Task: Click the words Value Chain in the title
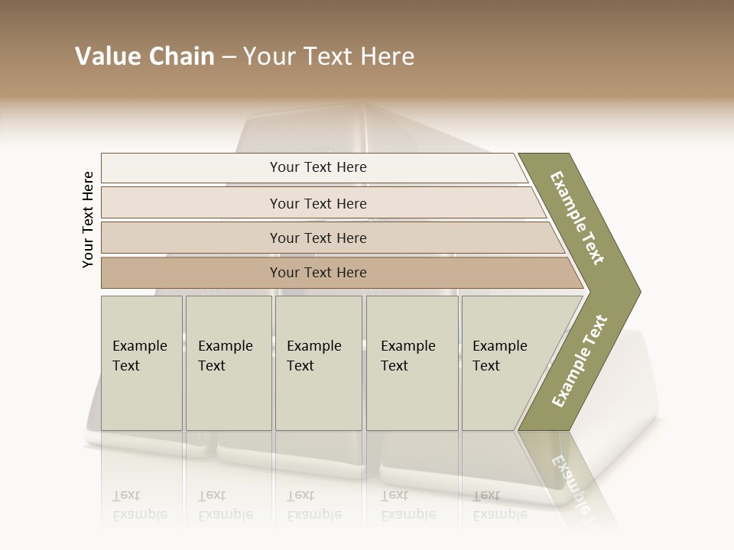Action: (x=145, y=57)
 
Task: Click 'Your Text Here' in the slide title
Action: (x=329, y=57)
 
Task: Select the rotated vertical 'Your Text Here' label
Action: (x=88, y=219)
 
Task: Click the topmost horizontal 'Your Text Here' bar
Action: (x=317, y=167)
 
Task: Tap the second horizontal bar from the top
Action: (x=317, y=203)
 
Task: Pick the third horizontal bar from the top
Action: (x=317, y=238)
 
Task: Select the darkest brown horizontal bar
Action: (x=317, y=273)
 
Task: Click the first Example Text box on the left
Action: (x=141, y=362)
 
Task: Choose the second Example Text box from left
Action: (x=228, y=362)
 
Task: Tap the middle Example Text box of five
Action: (x=317, y=362)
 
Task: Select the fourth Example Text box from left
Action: (x=411, y=362)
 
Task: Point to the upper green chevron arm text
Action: (x=577, y=218)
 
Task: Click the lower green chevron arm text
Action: (x=580, y=361)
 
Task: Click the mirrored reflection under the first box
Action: (x=140, y=505)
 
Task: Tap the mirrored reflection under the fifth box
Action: (x=499, y=505)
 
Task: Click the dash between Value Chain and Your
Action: (x=229, y=57)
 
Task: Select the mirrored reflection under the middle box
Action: (x=313, y=505)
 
